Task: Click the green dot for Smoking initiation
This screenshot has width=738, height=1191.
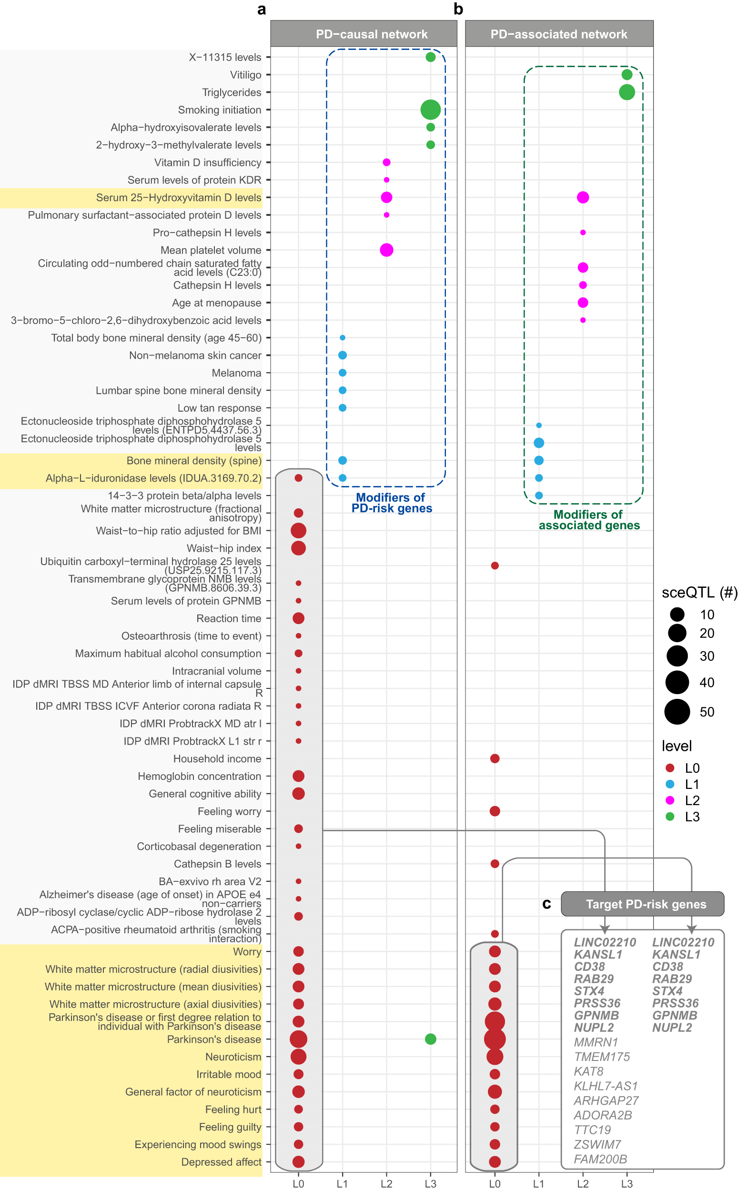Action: (x=430, y=110)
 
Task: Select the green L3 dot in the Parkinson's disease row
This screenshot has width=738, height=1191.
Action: (x=430, y=1039)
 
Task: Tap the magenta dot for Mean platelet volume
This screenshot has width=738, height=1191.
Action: (x=386, y=250)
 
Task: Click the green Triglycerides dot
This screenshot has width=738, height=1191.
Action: (x=627, y=92)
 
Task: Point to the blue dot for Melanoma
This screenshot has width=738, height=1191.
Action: (x=342, y=373)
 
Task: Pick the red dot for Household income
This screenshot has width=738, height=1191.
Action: (x=495, y=758)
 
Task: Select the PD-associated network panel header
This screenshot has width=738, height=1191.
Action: (x=559, y=34)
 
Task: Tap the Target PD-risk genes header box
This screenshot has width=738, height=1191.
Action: (x=642, y=904)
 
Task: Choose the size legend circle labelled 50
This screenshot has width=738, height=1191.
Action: (x=677, y=711)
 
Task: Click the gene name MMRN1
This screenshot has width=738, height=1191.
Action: (x=596, y=1042)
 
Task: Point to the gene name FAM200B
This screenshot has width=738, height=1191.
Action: (x=600, y=1159)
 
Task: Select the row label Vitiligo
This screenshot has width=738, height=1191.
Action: (x=245, y=75)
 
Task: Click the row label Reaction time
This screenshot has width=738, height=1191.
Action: (x=228, y=618)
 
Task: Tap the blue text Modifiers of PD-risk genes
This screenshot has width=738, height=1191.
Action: (x=392, y=503)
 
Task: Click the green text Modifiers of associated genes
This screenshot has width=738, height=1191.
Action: (x=589, y=520)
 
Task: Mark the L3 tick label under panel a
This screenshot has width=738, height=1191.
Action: (x=430, y=1183)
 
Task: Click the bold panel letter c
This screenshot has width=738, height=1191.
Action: (x=546, y=904)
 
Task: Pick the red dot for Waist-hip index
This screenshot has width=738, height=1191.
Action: (x=298, y=548)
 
